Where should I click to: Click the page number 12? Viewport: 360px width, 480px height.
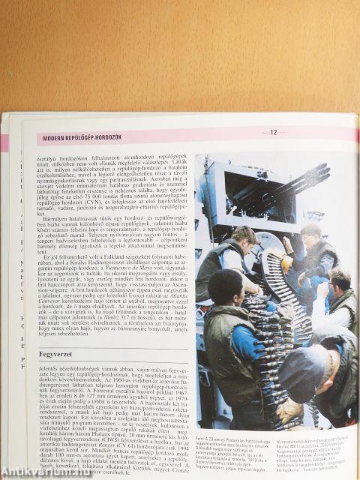273,133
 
